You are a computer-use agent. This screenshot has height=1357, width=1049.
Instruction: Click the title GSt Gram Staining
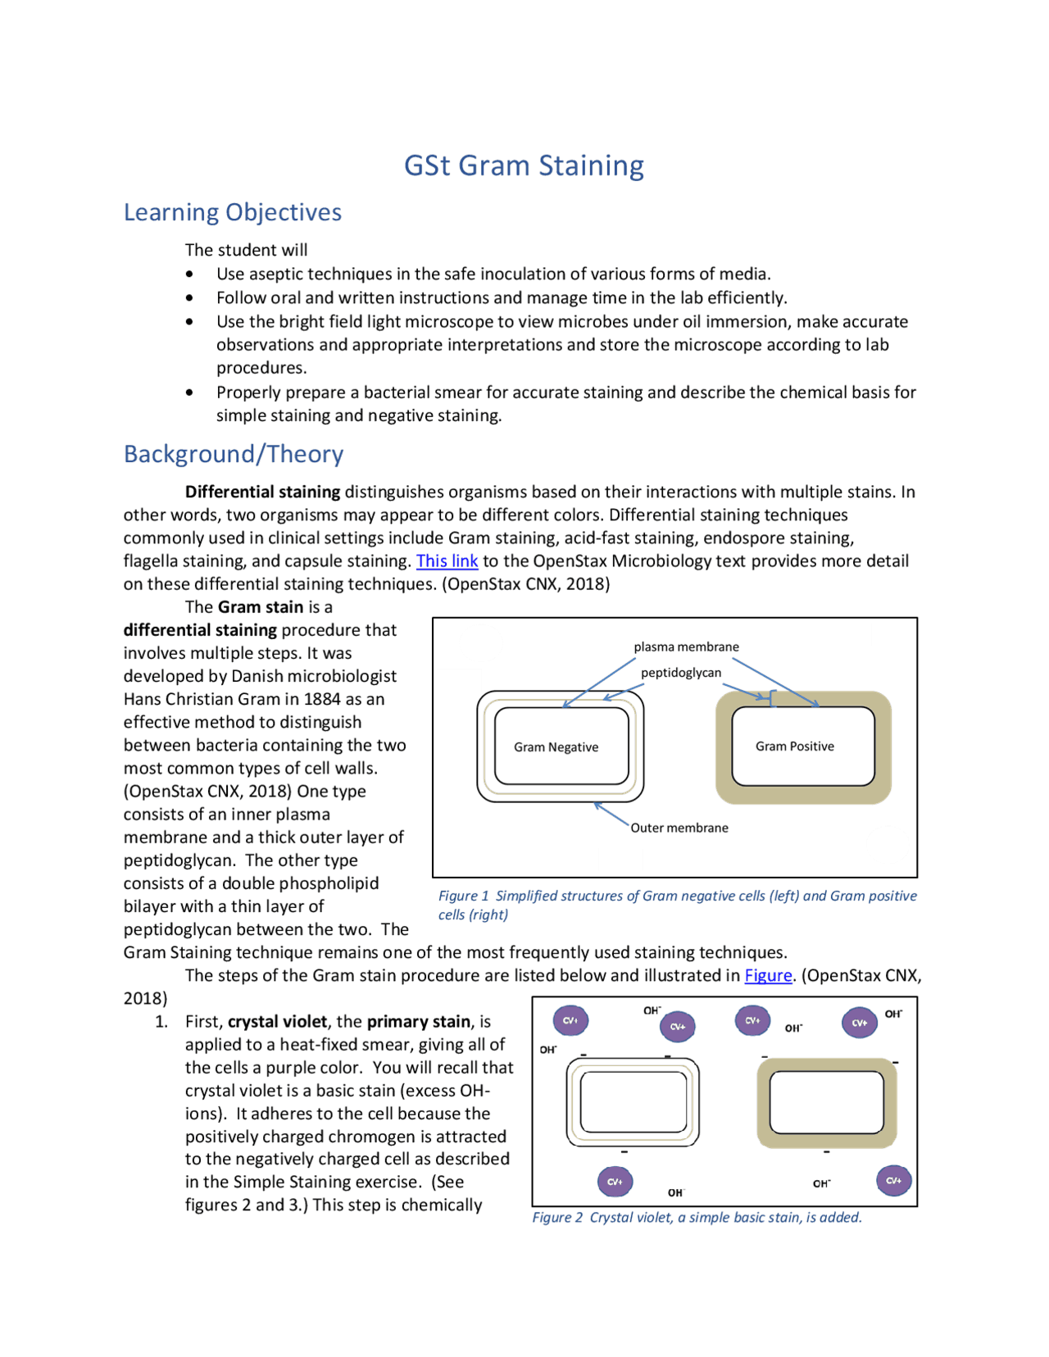pos(524,166)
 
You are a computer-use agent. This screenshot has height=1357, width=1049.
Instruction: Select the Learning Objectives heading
pos(232,212)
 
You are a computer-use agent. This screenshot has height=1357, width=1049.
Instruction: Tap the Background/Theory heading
pos(233,454)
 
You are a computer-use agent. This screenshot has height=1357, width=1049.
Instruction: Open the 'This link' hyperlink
pos(447,561)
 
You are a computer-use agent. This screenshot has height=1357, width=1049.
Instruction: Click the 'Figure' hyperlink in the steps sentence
pos(768,976)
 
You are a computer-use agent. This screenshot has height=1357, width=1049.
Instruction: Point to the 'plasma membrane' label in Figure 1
pos(686,647)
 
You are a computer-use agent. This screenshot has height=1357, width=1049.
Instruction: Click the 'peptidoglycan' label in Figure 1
pos(681,673)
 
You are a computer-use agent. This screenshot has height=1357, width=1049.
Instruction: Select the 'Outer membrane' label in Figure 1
pos(679,828)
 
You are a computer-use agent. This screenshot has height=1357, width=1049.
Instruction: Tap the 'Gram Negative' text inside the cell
pos(556,747)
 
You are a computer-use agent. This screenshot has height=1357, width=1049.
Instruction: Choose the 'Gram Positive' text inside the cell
pos(794,747)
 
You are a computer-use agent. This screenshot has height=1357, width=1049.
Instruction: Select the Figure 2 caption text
pos(697,1218)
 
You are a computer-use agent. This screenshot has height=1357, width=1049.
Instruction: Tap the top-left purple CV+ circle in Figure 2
pos(570,1021)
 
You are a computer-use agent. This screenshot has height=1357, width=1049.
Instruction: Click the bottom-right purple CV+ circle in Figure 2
pos(893,1181)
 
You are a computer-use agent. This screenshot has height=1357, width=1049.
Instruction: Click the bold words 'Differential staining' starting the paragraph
pos(262,492)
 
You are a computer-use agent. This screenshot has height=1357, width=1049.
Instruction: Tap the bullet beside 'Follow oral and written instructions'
pos(189,298)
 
